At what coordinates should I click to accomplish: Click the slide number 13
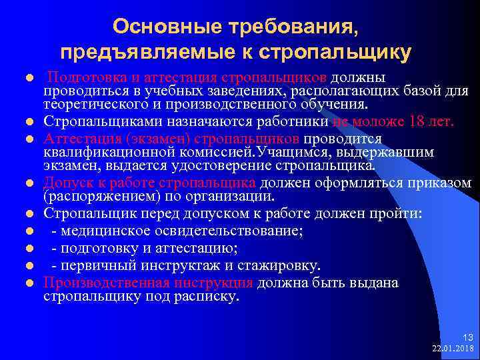(465, 337)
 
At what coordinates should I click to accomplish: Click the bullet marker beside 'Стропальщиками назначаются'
(30, 123)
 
